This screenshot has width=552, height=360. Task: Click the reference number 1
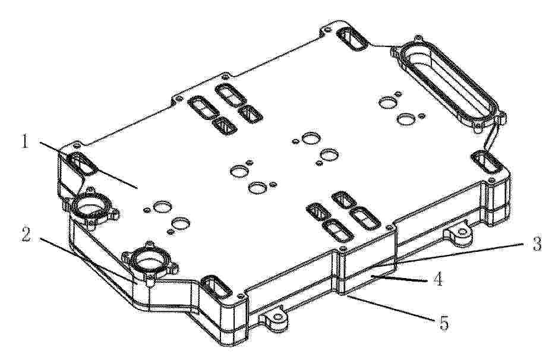coord(25,142)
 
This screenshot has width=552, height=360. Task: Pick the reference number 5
coord(444,323)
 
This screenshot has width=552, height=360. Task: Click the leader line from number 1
coord(88,165)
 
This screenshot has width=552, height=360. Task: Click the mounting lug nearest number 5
coord(276,319)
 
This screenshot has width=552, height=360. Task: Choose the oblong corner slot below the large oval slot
coord(487,162)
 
